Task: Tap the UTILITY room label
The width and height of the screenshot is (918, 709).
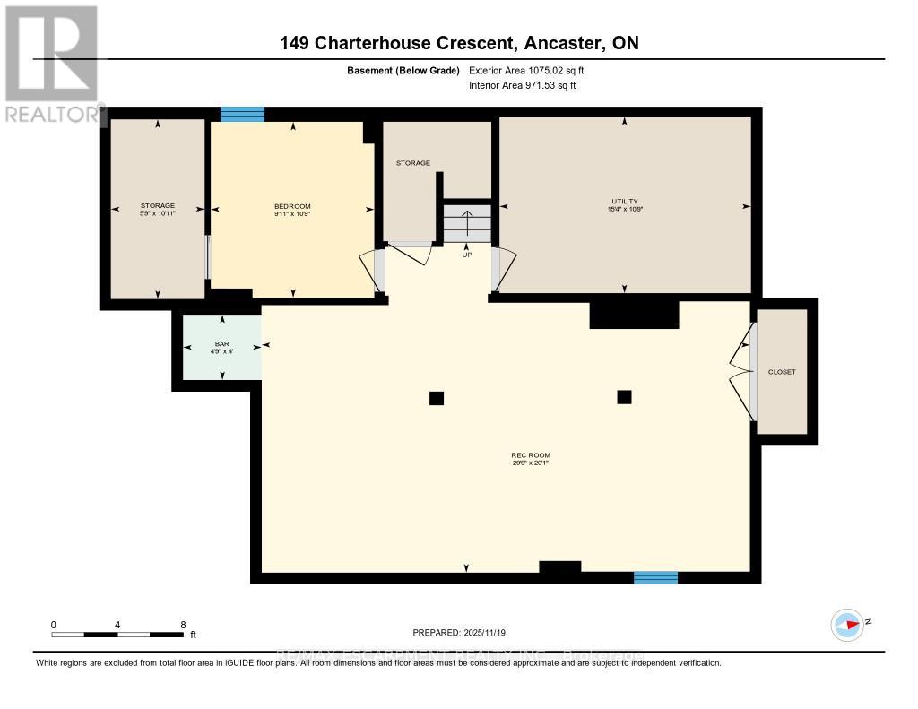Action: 624,201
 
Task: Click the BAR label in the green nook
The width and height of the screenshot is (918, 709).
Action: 222,344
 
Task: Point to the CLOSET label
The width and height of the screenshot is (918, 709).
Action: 782,371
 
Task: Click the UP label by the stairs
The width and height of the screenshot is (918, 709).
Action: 467,254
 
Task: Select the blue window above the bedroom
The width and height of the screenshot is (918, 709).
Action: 243,114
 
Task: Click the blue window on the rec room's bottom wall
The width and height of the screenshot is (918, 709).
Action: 655,577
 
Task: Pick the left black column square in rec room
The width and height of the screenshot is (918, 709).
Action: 437,398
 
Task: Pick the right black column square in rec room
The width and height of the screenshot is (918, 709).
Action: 625,396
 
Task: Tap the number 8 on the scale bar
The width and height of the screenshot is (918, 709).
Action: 183,624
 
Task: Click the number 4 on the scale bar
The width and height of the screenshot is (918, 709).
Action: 117,624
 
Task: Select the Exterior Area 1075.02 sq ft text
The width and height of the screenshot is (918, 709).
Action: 527,70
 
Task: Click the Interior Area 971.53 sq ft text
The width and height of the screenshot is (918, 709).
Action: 523,85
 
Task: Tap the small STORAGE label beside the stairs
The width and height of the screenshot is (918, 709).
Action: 413,163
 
